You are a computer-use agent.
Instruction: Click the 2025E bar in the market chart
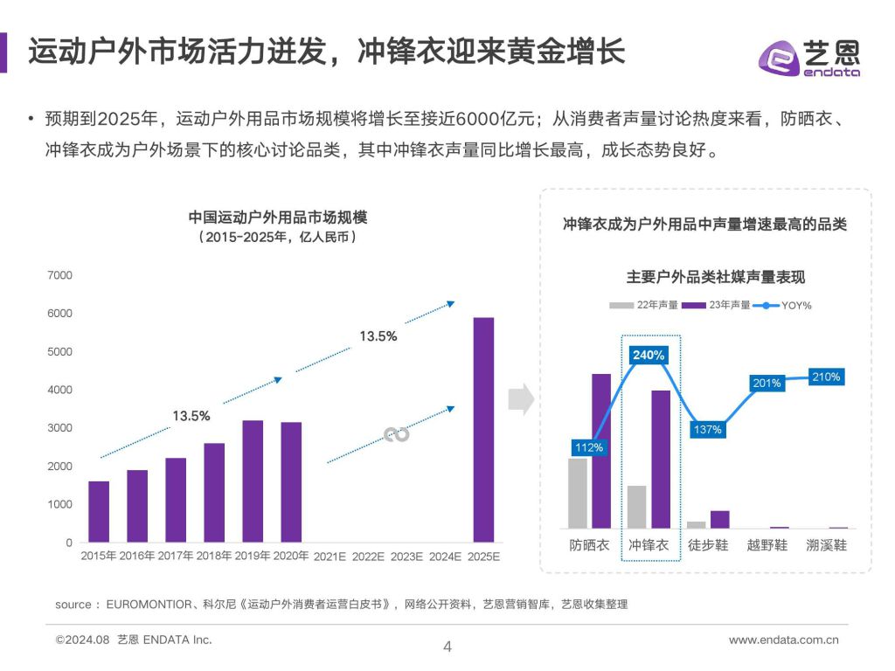coord(483,429)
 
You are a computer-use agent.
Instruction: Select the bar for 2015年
coord(99,511)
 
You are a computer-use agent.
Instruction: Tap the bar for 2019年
coord(253,481)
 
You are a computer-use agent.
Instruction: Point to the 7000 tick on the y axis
coord(60,275)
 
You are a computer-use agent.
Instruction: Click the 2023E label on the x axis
coord(406,556)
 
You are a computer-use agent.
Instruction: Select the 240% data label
coord(649,355)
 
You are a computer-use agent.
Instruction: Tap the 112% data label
coord(588,447)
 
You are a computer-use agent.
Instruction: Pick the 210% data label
coord(825,377)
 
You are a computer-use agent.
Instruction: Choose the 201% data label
coord(766,383)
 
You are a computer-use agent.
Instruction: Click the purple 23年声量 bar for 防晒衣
coord(601,451)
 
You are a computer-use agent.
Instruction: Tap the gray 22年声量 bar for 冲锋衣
coord(637,507)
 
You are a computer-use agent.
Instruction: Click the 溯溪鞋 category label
coord(827,544)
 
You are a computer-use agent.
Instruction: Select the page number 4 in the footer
coord(447,647)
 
